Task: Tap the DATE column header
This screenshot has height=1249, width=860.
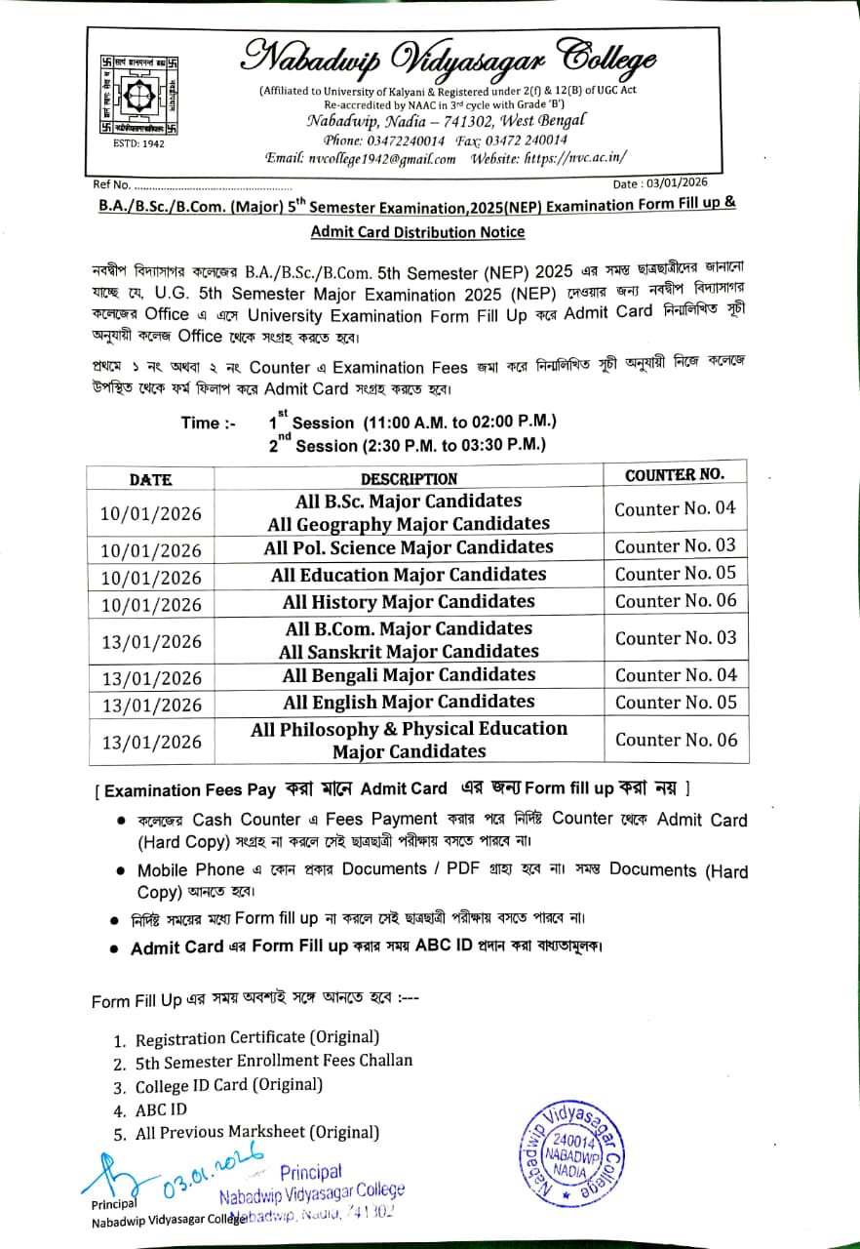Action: pos(150,479)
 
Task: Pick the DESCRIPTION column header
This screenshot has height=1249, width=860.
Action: pos(409,479)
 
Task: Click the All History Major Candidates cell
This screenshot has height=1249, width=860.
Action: pos(409,602)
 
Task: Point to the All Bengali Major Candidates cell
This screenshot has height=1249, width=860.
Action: pos(409,675)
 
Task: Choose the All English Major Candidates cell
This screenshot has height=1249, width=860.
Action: pos(409,703)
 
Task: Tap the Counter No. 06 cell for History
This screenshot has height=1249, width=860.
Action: pos(676,601)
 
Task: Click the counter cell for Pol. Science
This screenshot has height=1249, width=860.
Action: pos(676,546)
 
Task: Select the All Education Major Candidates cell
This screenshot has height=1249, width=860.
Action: pos(409,575)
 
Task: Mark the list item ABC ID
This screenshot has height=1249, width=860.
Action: pos(161,1109)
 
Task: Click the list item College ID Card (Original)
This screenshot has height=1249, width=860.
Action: pos(229,1085)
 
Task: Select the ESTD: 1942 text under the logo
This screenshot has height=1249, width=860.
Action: pos(139,143)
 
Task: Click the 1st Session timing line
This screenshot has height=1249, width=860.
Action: pos(412,423)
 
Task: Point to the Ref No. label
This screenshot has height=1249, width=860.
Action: pos(111,184)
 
